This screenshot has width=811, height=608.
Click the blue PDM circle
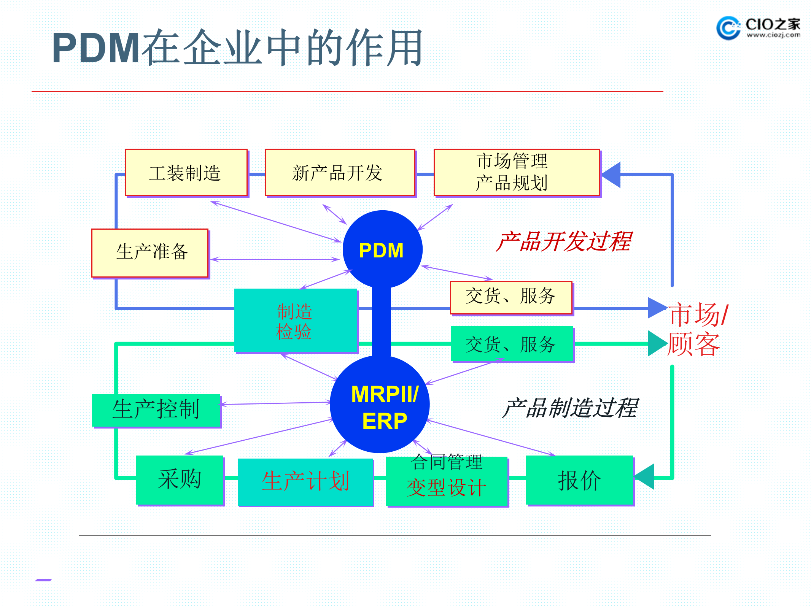[x=382, y=249]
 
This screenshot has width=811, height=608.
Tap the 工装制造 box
[x=186, y=173]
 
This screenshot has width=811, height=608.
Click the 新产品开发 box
[x=340, y=173]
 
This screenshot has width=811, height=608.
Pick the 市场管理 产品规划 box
[x=516, y=173]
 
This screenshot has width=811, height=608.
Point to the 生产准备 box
[x=150, y=253]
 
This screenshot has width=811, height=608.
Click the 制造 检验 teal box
[x=296, y=321]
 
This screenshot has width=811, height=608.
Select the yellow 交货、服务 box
[x=511, y=297]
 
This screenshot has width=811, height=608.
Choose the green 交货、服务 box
[x=512, y=344]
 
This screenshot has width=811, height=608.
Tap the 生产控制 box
[x=156, y=410]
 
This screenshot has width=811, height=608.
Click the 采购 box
[x=179, y=480]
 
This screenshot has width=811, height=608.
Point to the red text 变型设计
[x=446, y=488]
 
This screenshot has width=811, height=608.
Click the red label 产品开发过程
[x=564, y=242]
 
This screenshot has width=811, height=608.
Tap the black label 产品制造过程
[x=569, y=408]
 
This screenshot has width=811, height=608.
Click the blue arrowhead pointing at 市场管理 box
[x=612, y=175]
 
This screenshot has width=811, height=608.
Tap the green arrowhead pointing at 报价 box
[x=645, y=477]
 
